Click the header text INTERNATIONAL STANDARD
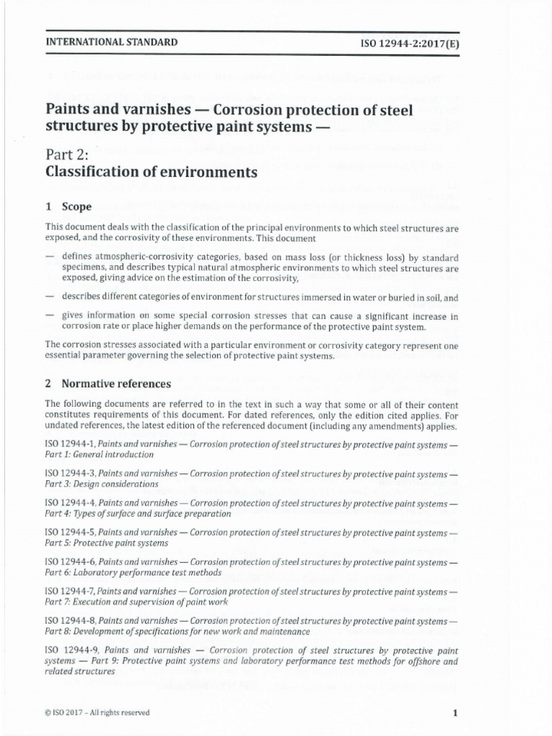tap(111, 42)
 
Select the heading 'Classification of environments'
tap(151, 172)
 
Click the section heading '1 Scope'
tap(68, 206)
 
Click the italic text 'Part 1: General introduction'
tap(99, 455)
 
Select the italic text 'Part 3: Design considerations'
tap(101, 484)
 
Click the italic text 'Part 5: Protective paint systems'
tap(106, 543)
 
